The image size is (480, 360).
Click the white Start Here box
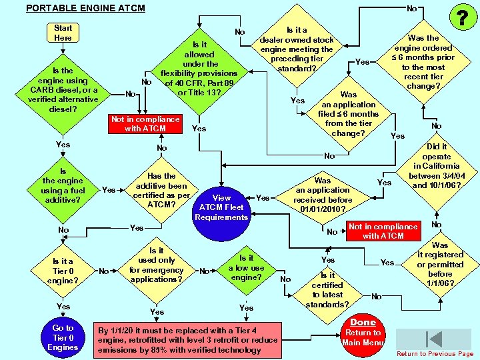pos(63,33)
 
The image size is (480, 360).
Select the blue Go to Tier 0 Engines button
pos(63,337)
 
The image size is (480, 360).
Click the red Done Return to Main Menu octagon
pos(363,331)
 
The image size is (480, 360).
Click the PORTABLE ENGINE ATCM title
pos(85,8)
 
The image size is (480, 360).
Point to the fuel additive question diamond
pos(63,185)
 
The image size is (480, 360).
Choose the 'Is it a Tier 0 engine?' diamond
pos(63,271)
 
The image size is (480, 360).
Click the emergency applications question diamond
pos(157,265)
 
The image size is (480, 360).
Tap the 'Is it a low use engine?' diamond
pos(246,267)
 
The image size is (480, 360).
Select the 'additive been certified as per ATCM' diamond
pos(161,190)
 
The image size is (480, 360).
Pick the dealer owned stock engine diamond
pos(296,49)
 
